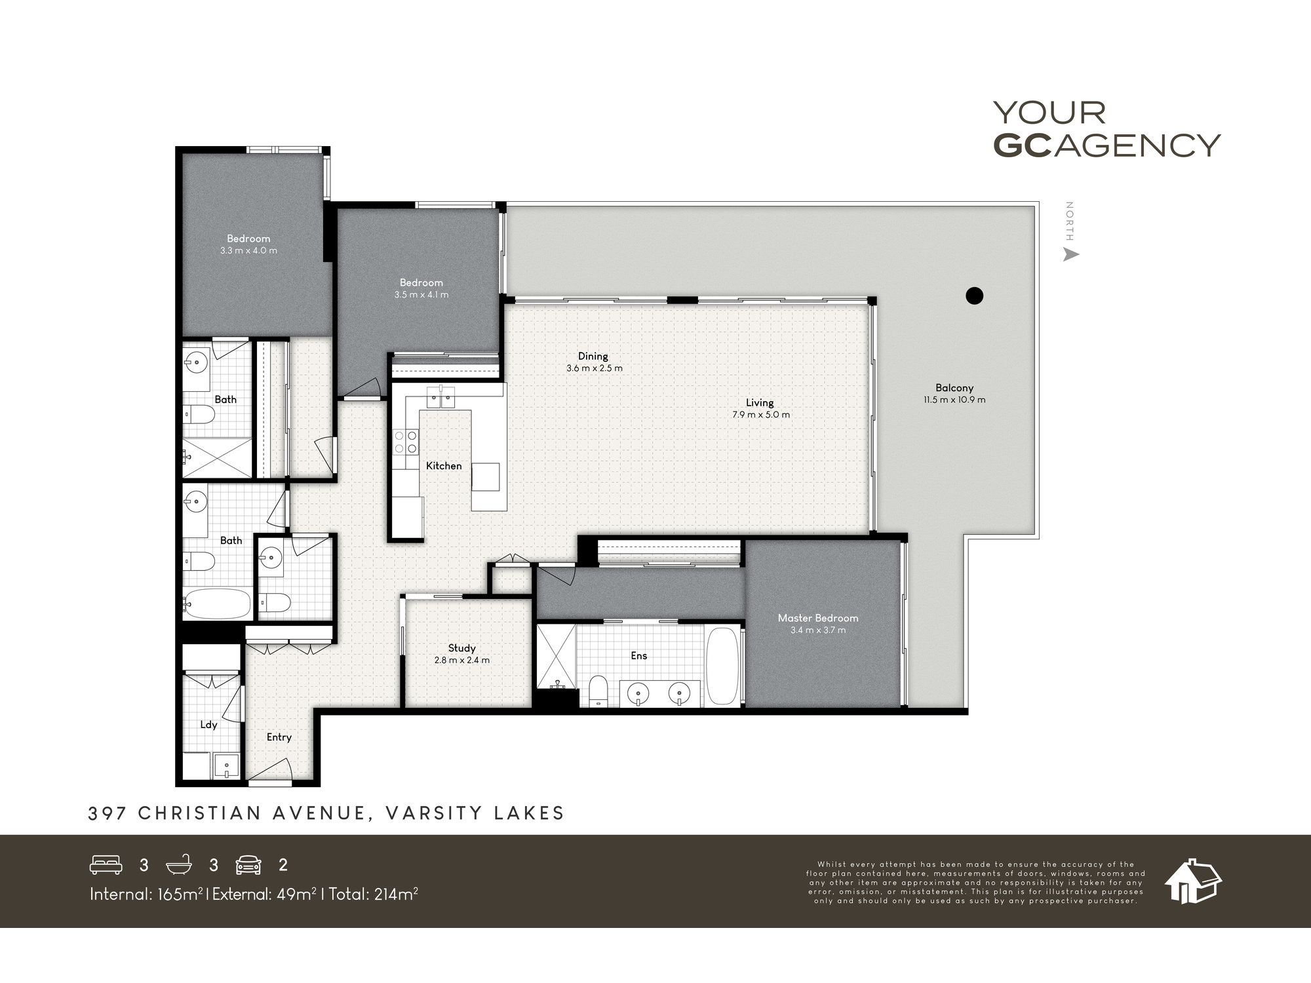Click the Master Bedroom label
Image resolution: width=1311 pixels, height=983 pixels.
[x=817, y=618]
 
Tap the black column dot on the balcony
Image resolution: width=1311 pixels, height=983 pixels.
[x=975, y=296]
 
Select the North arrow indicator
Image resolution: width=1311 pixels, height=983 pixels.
[x=1070, y=254]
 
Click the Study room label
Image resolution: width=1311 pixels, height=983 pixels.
[x=461, y=648]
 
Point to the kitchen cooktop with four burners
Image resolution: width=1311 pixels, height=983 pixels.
[x=405, y=441]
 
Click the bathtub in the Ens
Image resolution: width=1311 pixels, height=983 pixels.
[x=723, y=665]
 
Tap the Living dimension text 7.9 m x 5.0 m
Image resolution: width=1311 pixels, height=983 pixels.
[x=760, y=415]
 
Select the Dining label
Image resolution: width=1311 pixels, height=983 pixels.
[x=593, y=356]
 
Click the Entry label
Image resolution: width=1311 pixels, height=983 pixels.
[x=279, y=737]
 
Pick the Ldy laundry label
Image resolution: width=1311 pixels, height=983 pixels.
[x=208, y=724]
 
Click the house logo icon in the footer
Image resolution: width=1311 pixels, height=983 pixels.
[x=1192, y=881]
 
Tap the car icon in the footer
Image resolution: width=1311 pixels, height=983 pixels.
[x=248, y=865]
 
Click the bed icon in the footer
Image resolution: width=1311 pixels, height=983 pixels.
[x=106, y=865]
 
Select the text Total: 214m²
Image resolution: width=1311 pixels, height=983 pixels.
[x=374, y=894]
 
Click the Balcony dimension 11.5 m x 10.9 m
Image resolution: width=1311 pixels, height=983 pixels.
[x=954, y=400]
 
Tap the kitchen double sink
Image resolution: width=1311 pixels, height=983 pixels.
[x=440, y=397]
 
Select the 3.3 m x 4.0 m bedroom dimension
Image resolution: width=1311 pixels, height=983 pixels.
[x=248, y=250]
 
